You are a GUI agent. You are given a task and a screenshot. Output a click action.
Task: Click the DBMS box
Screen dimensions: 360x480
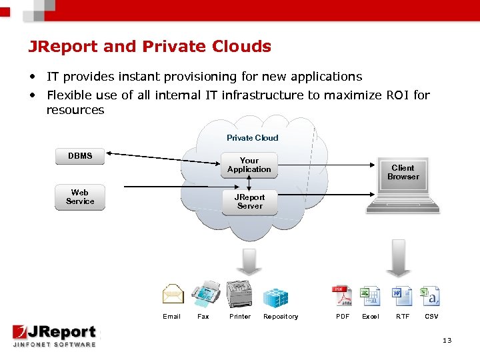click(80, 156)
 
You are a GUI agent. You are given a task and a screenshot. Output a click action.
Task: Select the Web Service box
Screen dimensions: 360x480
click(80, 197)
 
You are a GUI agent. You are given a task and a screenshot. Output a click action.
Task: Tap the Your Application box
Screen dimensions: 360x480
click(249, 165)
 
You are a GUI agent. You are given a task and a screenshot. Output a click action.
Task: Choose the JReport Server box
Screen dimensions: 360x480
click(249, 201)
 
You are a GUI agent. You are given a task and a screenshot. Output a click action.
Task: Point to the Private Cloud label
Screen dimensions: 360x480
click(252, 138)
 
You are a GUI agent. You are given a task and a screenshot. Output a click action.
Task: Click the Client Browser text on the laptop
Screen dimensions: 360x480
click(403, 172)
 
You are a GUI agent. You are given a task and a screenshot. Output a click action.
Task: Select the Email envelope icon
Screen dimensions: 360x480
click(173, 294)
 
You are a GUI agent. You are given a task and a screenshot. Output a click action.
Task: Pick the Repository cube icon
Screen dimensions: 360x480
click(275, 296)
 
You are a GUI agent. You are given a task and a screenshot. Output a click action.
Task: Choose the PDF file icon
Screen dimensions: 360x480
click(342, 295)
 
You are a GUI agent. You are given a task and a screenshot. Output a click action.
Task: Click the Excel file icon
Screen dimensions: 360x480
click(369, 295)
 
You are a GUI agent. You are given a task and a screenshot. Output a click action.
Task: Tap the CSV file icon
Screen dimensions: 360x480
click(431, 295)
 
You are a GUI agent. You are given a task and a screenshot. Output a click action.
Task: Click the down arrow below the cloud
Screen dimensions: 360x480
click(250, 260)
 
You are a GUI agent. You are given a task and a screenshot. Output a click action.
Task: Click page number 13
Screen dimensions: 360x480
click(447, 341)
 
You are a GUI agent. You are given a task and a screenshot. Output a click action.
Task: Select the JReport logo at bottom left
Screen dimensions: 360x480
click(54, 335)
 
